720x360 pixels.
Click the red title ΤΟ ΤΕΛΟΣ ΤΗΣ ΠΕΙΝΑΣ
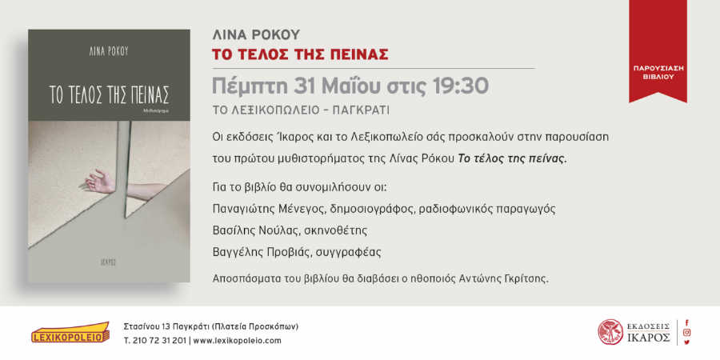click(x=300, y=54)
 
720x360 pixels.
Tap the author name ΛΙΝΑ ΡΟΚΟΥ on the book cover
click(x=109, y=52)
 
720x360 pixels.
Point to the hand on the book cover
click(x=100, y=181)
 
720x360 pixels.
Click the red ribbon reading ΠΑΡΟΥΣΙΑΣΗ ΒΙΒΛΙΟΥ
click(x=658, y=50)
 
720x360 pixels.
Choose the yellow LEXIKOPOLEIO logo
click(x=70, y=333)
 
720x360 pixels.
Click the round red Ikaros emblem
click(x=610, y=332)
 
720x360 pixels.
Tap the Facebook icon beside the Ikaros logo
click(x=687, y=323)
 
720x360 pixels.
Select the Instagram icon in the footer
click(x=687, y=333)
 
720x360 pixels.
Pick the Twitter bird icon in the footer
click(x=687, y=342)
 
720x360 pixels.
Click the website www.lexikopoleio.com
click(x=237, y=341)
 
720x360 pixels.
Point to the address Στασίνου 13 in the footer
click(x=147, y=327)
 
